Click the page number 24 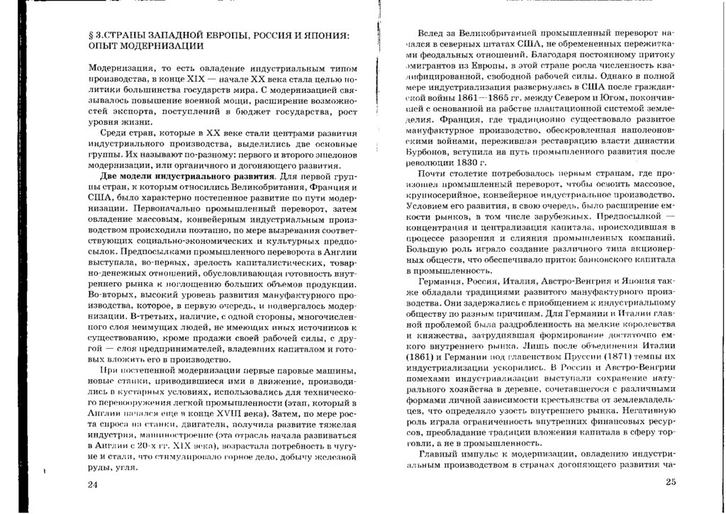(92, 484)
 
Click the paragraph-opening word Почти (435, 172)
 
